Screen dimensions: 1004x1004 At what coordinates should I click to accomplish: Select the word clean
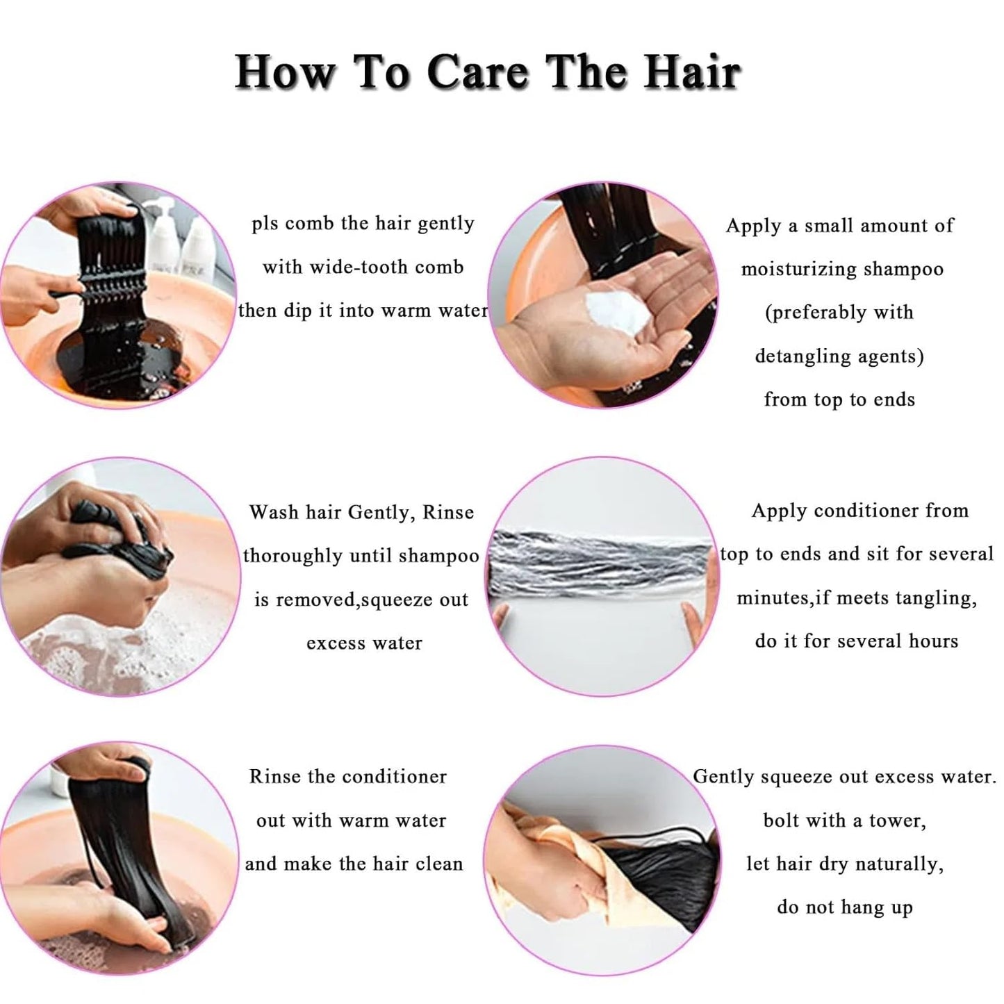click(x=439, y=864)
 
